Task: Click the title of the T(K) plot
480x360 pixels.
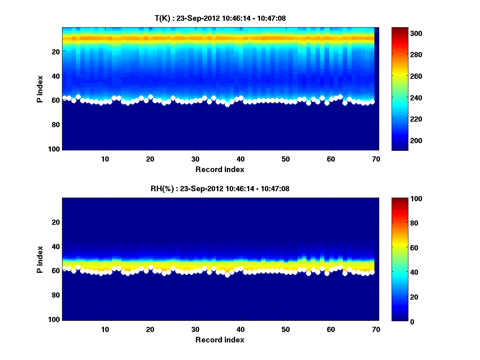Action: pos(220,18)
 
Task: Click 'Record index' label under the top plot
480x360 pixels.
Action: pos(220,169)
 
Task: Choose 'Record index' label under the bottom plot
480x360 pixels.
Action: pos(220,340)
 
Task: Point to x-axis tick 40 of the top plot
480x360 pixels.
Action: pos(240,159)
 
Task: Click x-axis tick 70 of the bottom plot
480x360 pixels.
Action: pos(376,329)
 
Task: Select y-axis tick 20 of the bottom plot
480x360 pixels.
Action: pos(56,222)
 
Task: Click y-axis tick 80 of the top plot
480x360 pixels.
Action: pos(56,124)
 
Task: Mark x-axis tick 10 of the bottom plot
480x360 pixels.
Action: pos(105,329)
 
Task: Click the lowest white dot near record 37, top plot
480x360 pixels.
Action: pos(227,104)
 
